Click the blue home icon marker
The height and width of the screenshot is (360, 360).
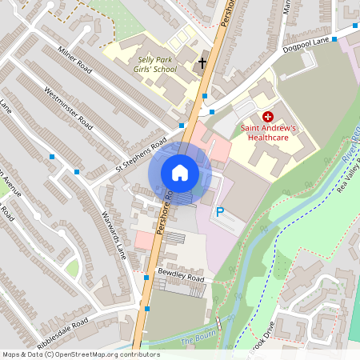click(x=180, y=173)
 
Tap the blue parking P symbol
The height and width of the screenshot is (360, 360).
click(x=220, y=212)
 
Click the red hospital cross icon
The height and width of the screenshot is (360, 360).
click(x=267, y=117)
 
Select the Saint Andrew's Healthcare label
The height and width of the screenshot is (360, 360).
click(x=267, y=133)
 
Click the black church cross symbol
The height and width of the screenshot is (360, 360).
click(x=202, y=62)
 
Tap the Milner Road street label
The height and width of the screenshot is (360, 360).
click(x=78, y=62)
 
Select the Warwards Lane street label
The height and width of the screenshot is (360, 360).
click(x=113, y=233)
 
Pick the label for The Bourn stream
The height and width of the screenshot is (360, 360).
click(x=197, y=341)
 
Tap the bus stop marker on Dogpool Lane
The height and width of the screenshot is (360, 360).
click(x=334, y=38)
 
